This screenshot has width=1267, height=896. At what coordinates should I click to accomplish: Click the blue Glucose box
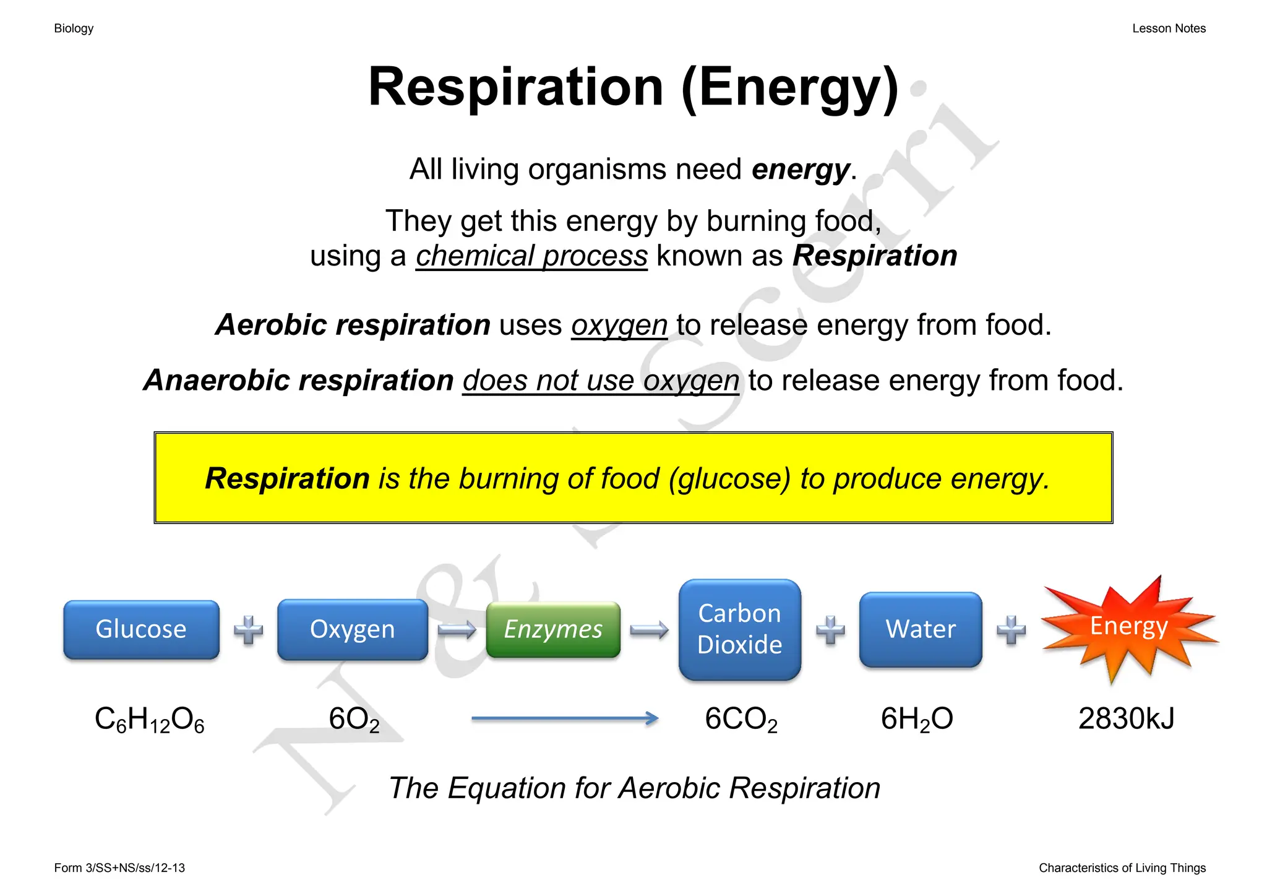coord(141,629)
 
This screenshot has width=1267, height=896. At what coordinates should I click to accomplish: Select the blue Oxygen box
coord(352,629)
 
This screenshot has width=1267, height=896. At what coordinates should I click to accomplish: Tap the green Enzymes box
coord(553,629)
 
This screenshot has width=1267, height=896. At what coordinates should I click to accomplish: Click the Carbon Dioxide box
coord(739,629)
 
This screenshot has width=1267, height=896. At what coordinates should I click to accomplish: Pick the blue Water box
coord(921,629)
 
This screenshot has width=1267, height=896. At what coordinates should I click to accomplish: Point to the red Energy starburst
coord(1129,627)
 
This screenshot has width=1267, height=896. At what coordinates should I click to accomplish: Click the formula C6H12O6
coord(149,720)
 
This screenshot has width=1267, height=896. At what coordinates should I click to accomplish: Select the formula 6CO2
coord(741,720)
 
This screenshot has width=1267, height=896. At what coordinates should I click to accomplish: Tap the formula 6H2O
coord(916,720)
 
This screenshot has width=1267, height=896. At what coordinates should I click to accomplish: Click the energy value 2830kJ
coord(1126,719)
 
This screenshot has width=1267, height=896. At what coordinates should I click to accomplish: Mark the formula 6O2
coord(354,720)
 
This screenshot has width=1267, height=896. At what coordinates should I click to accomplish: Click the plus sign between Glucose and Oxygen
coord(248,630)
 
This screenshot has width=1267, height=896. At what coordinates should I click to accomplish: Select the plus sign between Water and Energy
coord(1011,630)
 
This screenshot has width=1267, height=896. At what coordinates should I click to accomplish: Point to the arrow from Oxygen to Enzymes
coord(457,630)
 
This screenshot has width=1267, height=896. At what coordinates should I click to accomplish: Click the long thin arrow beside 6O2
coord(564,718)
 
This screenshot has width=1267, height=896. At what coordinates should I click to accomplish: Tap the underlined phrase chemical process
coord(531,256)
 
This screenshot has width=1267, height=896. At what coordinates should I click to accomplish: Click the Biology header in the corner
coord(74,28)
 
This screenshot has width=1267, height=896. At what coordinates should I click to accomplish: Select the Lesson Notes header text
coord(1169,28)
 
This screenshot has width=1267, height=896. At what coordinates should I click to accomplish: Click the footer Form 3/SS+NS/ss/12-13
coord(119,868)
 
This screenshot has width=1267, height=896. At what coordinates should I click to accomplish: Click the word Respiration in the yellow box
coord(287,478)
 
